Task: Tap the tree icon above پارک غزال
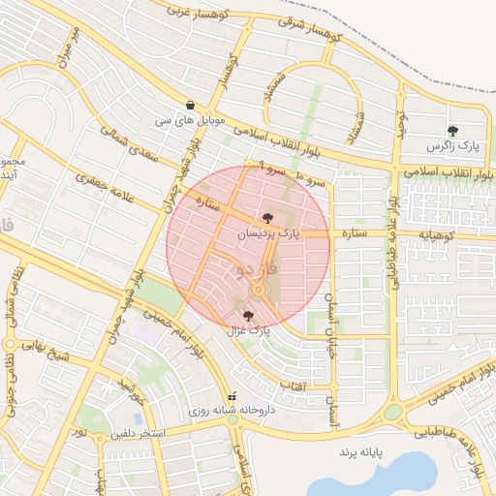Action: pyautogui.click(x=249, y=316)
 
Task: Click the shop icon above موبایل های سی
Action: pyautogui.click(x=190, y=106)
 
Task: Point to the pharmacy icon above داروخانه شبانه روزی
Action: pyautogui.click(x=231, y=396)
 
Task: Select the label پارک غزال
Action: pyautogui.click(x=248, y=330)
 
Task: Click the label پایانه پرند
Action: pyautogui.click(x=362, y=452)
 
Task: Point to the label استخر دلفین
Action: pyautogui.click(x=137, y=432)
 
